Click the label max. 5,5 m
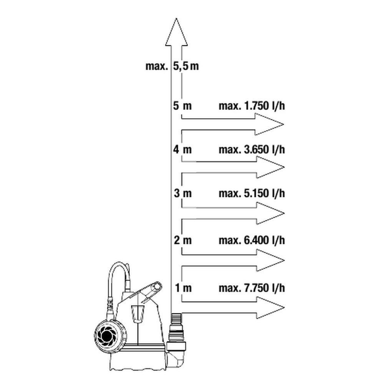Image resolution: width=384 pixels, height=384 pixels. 172,66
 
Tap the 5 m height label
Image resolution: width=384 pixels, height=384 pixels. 182,106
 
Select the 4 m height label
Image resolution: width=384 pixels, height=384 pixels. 182,149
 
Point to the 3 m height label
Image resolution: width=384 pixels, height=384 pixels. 183,194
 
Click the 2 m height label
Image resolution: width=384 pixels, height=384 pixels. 183,240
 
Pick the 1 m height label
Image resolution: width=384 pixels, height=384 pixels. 183,288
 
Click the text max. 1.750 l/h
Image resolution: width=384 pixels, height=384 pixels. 252,106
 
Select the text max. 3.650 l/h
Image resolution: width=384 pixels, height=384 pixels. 252,149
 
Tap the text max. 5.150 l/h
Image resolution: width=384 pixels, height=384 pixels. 252,194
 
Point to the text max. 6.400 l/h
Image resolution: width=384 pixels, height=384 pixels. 252,240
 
